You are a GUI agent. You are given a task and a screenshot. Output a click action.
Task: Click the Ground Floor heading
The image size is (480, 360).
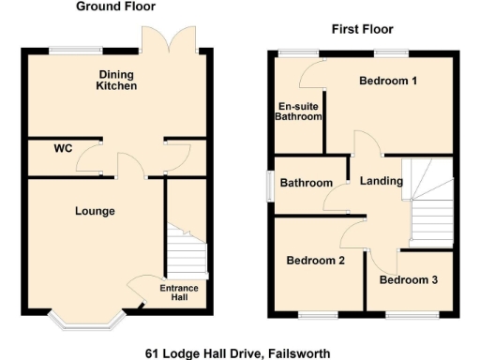click(x=114, y=7)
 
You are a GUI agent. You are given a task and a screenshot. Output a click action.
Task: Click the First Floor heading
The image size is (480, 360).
click(x=362, y=29)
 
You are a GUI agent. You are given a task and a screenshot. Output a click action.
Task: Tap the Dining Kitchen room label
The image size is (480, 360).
click(x=117, y=80)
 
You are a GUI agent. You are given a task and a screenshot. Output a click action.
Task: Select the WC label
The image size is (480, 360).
click(x=63, y=148)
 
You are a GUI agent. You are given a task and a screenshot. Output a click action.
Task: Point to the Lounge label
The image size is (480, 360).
click(x=95, y=211)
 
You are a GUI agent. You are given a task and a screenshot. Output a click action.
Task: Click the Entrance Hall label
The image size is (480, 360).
click(x=178, y=292)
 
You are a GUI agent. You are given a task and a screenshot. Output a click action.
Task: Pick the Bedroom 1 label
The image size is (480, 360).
click(x=388, y=81)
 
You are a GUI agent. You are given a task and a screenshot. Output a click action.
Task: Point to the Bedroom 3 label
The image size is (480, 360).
click(x=408, y=279)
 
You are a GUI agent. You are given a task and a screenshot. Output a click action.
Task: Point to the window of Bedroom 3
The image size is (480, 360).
click(x=409, y=314)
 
